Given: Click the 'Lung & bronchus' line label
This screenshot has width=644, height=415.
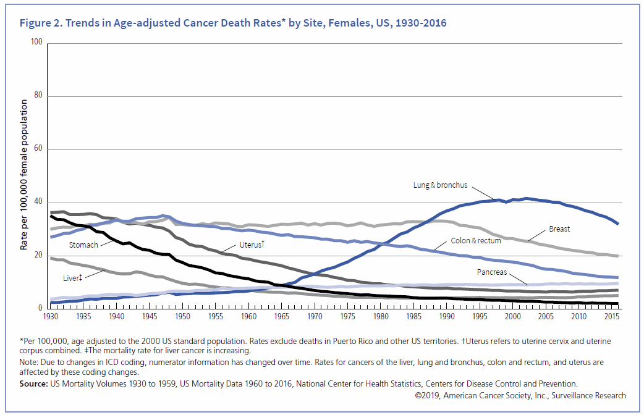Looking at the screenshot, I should pos(440,185).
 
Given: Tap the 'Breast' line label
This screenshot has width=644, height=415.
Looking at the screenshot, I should pos(559,229).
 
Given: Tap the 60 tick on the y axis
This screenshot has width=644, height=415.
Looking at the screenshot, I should pos(38,149).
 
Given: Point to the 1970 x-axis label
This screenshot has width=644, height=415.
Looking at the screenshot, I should pos(314,317).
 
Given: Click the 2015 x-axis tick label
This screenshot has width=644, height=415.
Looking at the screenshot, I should pos(611,317).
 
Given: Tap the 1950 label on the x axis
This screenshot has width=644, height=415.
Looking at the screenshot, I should pos(182,317).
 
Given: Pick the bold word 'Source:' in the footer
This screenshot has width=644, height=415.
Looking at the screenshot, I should pos(34,384).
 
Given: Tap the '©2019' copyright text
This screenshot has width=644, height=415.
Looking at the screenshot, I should pos(426,395).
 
